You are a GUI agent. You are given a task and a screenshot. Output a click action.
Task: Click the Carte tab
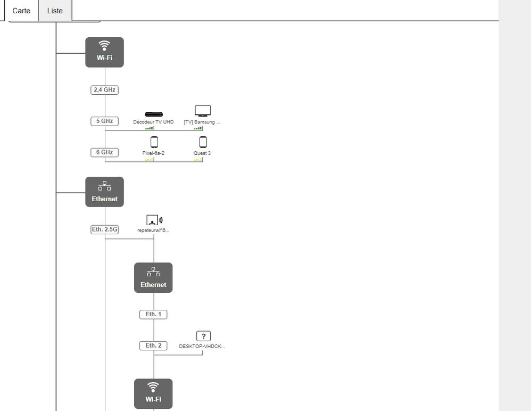21,11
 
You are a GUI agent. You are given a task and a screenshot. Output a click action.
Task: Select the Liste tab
55,11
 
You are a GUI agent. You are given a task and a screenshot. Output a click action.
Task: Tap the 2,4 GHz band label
104,90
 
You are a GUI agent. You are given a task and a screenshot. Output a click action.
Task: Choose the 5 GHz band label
104,121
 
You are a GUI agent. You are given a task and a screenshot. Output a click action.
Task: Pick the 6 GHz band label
104,152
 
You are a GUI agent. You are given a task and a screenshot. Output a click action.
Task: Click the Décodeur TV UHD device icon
153,114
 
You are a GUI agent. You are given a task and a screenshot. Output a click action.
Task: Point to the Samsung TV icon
202,111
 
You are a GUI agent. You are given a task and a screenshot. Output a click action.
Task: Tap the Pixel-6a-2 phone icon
154,142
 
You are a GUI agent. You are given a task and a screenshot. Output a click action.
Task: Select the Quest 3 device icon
203,142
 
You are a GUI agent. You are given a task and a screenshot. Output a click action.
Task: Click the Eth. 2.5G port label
104,230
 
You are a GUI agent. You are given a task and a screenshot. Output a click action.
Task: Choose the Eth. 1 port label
153,315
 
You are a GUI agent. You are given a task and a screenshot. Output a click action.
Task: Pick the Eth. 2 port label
153,346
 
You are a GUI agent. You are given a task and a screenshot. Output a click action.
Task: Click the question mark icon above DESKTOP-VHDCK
203,336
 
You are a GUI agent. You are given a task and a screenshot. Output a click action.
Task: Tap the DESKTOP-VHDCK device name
202,346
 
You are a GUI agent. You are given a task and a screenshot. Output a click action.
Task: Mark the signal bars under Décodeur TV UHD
150,128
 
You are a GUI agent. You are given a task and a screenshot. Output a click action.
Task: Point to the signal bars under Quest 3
198,159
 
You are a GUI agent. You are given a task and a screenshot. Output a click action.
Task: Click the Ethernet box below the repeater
153,277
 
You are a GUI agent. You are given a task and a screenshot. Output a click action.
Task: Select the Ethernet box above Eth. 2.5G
104,192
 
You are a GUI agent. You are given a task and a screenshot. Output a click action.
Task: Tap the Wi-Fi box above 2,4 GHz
104,52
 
